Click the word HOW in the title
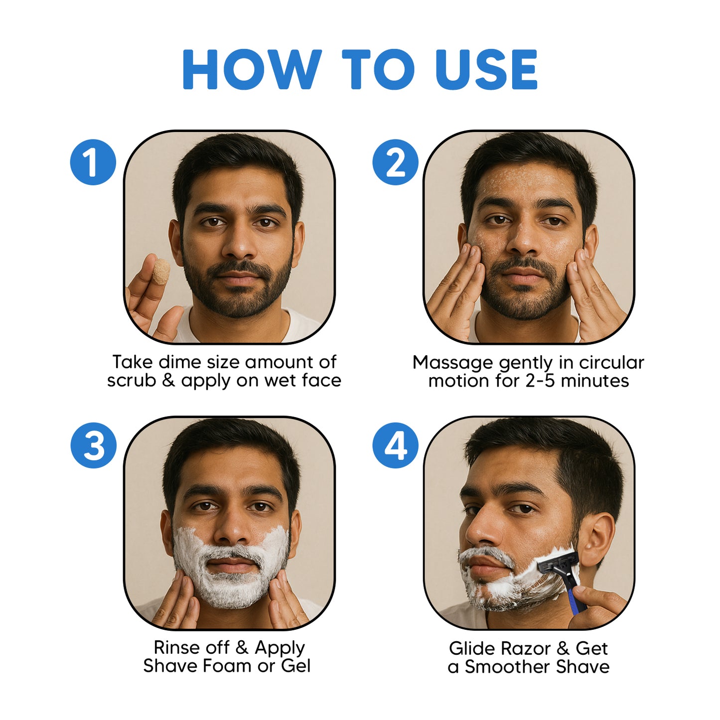coord(252,69)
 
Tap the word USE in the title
coord(486,69)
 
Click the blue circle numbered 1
coord(93,162)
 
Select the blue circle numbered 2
coord(395,162)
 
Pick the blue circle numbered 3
coord(93,445)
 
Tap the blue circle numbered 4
coord(395,445)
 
